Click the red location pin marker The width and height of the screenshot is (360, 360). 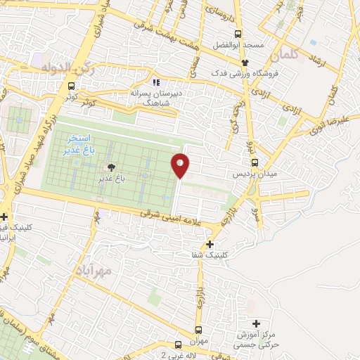pyautogui.click(x=181, y=165)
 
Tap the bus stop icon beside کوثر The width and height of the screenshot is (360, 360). pyautogui.click(x=70, y=86)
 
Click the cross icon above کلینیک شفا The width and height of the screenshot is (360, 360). pyautogui.click(x=210, y=243)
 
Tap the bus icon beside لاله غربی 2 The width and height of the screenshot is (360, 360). pyautogui.click(x=179, y=345)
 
